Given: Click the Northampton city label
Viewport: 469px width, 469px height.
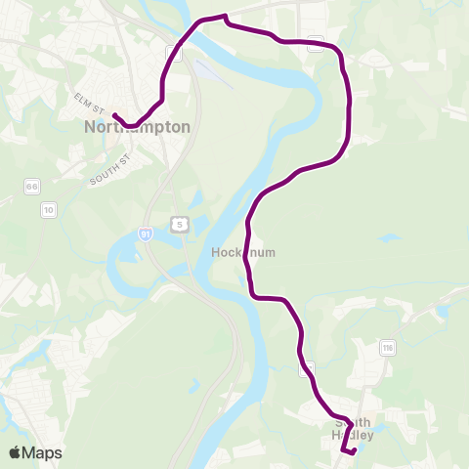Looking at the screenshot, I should pyautogui.click(x=137, y=127).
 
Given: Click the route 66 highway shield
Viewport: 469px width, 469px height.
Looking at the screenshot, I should pyautogui.click(x=32, y=186).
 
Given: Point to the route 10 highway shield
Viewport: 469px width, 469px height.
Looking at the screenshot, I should pyautogui.click(x=48, y=209).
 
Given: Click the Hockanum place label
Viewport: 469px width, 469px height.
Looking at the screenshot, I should pyautogui.click(x=243, y=252).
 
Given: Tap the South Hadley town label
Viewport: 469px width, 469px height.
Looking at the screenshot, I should pyautogui.click(x=353, y=429).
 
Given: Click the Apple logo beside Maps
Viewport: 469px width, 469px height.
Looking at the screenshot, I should pyautogui.click(x=15, y=452).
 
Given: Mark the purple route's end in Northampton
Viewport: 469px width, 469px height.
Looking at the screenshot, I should pyautogui.click(x=115, y=115).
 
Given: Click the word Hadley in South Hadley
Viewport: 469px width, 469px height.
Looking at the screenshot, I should pyautogui.click(x=353, y=436).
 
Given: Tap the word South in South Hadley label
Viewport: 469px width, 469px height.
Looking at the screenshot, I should pyautogui.click(x=353, y=423).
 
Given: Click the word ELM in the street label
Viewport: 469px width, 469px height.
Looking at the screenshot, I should pyautogui.click(x=80, y=96).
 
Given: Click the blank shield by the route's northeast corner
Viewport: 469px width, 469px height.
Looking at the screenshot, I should pyautogui.click(x=315, y=41).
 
